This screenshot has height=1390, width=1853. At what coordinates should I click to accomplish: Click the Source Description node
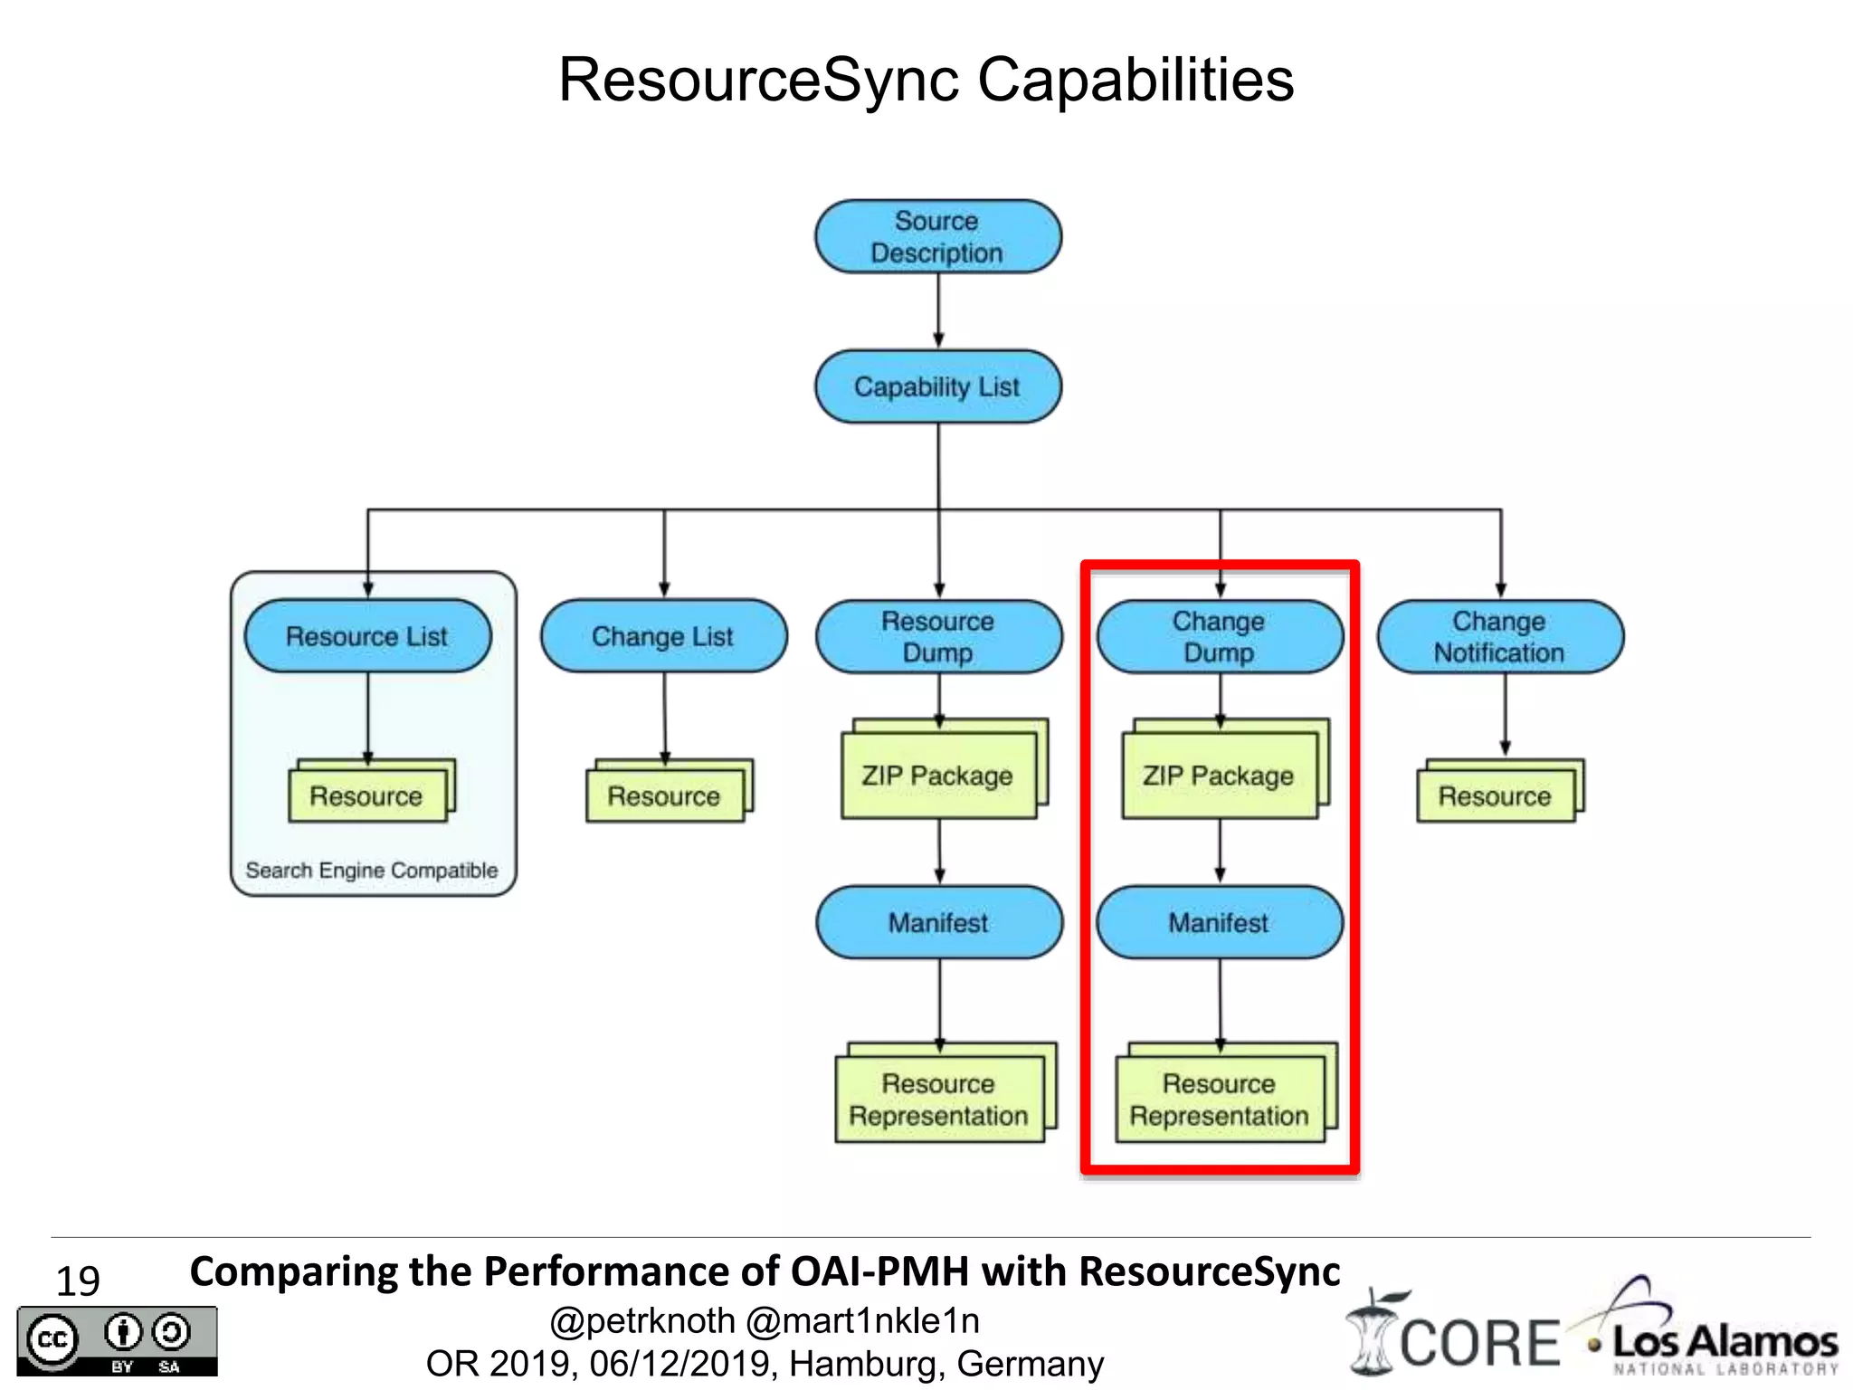[x=937, y=237]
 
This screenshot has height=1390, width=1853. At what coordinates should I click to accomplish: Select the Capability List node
[x=937, y=387]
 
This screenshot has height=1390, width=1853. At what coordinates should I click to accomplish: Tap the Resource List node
[x=367, y=636]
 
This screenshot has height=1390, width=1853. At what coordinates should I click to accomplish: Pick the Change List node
[x=663, y=636]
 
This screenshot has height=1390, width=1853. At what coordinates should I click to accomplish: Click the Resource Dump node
[x=938, y=637]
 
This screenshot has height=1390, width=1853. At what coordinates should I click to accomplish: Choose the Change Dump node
[x=1219, y=637]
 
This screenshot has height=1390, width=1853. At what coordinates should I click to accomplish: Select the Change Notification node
[x=1499, y=637]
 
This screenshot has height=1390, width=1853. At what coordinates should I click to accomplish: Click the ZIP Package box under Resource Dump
[x=938, y=776]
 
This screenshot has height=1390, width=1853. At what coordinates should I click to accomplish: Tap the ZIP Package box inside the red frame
[x=1219, y=776]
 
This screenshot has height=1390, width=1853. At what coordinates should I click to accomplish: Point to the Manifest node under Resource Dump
[x=938, y=923]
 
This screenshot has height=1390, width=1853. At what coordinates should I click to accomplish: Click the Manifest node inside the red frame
[x=1219, y=923]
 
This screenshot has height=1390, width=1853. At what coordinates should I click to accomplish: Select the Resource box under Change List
[x=664, y=795]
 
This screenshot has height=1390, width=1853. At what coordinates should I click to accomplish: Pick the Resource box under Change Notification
[x=1495, y=795]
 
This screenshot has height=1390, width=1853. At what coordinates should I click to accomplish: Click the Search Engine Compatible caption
[x=372, y=871]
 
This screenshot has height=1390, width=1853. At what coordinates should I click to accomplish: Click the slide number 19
[x=78, y=1281]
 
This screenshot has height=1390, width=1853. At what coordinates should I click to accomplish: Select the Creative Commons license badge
[x=117, y=1341]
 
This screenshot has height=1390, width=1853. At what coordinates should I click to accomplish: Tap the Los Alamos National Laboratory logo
[x=1715, y=1334]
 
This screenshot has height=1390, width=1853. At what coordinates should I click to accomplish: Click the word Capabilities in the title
[x=1136, y=80]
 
